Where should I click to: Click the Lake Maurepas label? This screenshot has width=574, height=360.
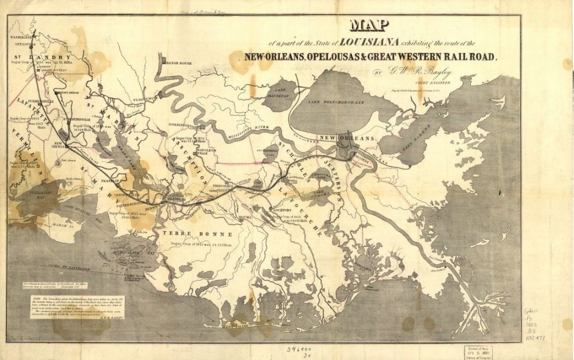(281, 93)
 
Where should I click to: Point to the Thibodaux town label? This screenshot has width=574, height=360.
(222, 184)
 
